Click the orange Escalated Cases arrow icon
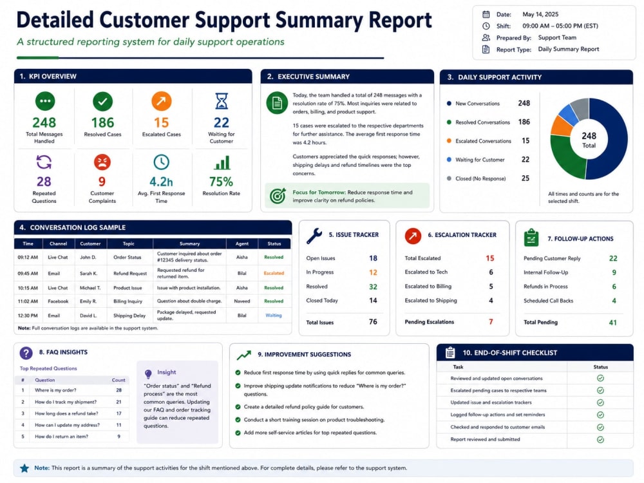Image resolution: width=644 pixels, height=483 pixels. (x=162, y=101)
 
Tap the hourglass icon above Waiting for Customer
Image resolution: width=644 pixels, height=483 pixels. (x=222, y=101)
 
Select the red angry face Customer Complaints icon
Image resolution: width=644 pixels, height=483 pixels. (x=102, y=162)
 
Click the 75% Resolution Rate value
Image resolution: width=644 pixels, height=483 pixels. (x=221, y=182)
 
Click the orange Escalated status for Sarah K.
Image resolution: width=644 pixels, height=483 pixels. (x=274, y=273)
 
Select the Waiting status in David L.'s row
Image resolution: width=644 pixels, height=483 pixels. (x=274, y=316)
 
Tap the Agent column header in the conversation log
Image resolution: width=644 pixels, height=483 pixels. (x=242, y=243)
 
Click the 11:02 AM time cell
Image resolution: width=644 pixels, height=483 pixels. (x=28, y=301)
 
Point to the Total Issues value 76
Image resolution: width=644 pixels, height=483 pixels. (x=373, y=322)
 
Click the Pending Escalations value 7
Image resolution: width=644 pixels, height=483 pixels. (x=491, y=322)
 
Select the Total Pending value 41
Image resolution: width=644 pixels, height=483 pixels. (x=613, y=323)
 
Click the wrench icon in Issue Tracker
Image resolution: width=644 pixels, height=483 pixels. (x=314, y=236)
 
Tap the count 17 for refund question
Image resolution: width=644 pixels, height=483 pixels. (x=118, y=413)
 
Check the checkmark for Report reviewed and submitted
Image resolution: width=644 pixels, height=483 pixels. (x=600, y=439)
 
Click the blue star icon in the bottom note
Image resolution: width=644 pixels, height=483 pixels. (x=24, y=468)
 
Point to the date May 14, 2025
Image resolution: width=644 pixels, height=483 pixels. (x=540, y=14)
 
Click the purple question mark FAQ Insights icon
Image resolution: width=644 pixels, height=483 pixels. (x=26, y=353)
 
